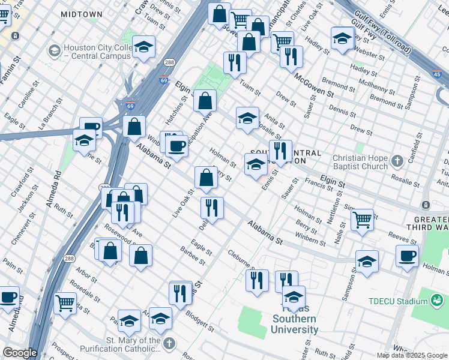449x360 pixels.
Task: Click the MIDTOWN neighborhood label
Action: [x=81, y=13]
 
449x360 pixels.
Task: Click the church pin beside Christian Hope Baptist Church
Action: [x=396, y=161]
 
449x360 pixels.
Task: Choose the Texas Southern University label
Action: [x=295, y=325]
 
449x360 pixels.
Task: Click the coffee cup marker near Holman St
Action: [x=407, y=256]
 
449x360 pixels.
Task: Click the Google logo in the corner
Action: [x=20, y=353]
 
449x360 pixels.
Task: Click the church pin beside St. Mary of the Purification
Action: [x=170, y=344]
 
